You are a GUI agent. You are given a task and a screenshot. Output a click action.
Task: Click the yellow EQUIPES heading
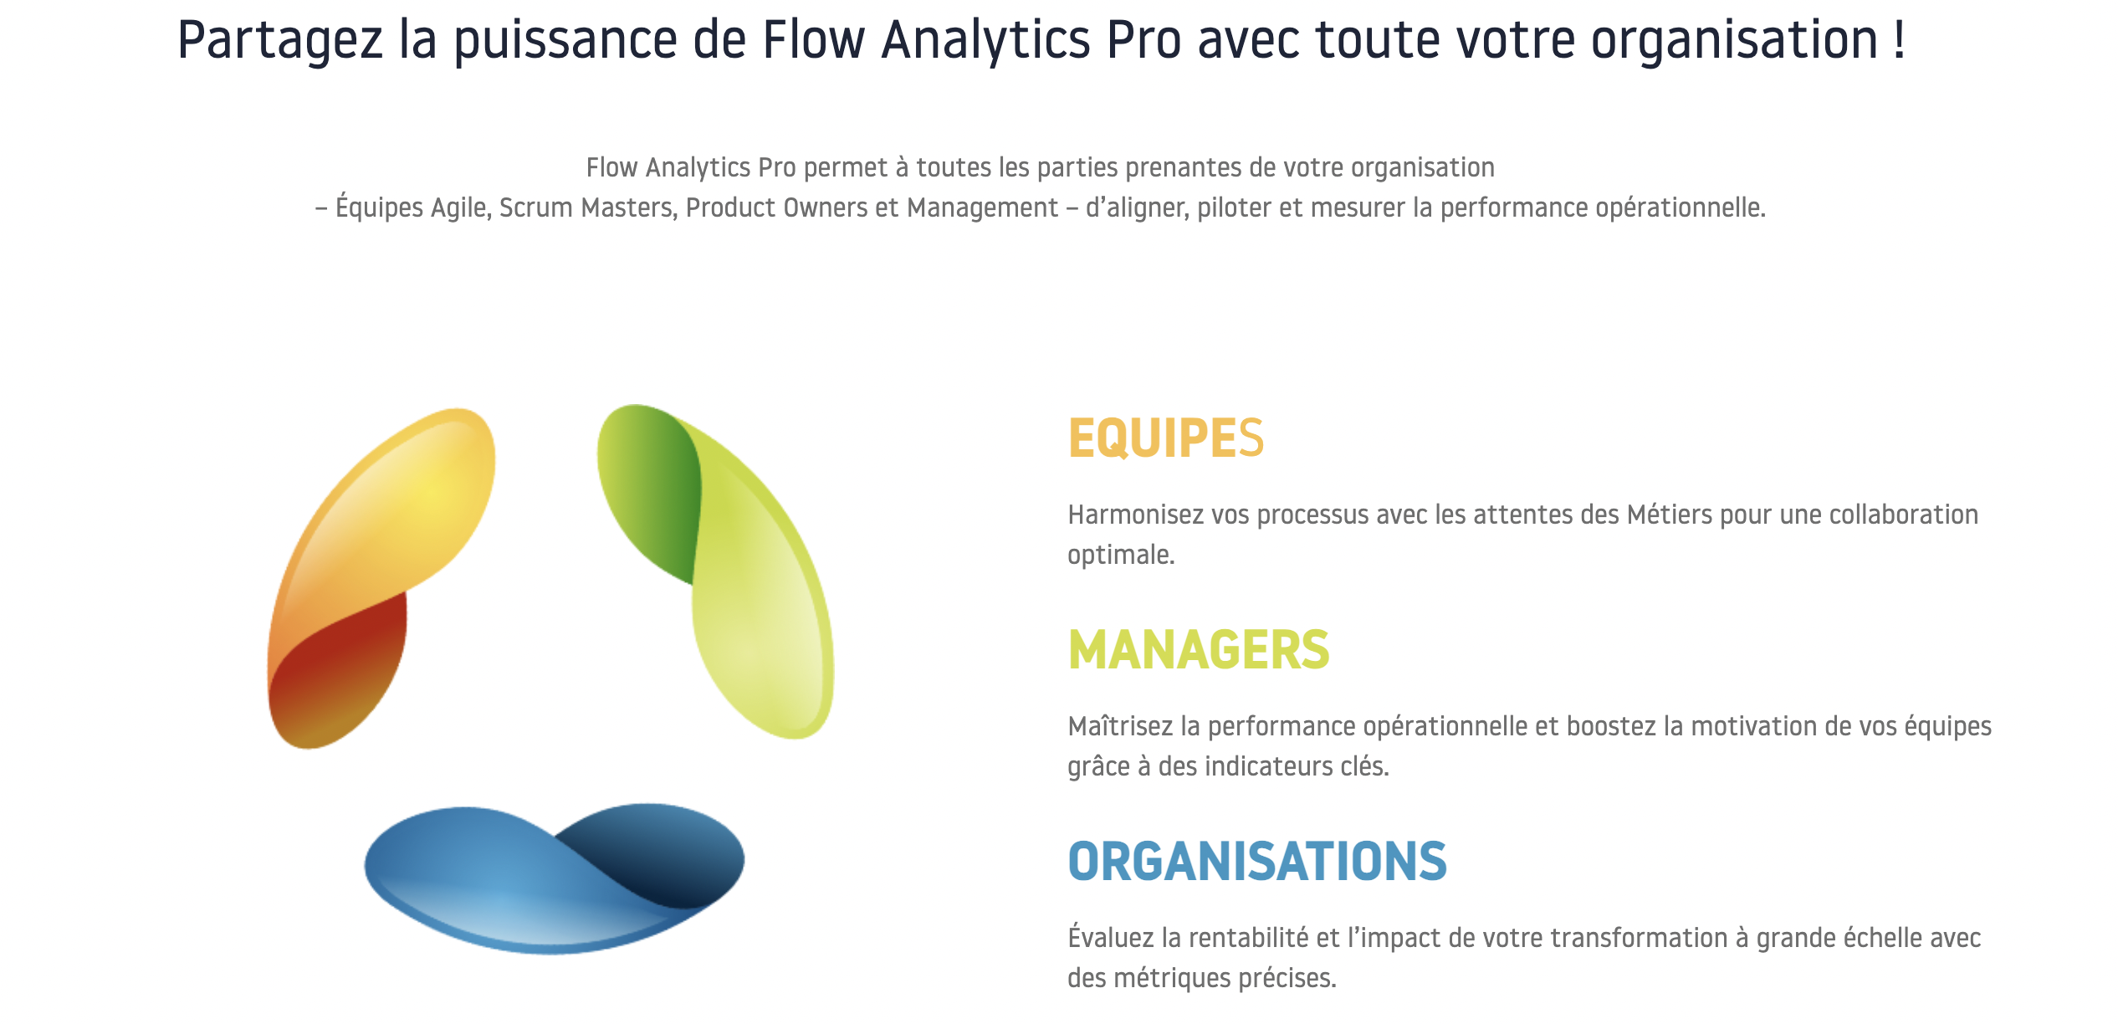pyautogui.click(x=1166, y=438)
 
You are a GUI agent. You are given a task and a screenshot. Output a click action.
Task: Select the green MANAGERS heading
pyautogui.click(x=1199, y=650)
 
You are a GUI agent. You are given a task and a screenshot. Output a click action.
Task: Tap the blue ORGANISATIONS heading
pyautogui.click(x=1257, y=862)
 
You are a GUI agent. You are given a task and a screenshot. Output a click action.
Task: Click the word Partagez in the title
pyautogui.click(x=280, y=41)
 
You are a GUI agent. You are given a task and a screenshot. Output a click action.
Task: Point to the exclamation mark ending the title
pyautogui.click(x=1900, y=38)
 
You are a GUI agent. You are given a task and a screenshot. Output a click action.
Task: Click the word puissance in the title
pyautogui.click(x=565, y=41)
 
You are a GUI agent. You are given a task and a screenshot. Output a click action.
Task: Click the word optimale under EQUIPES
pyautogui.click(x=1121, y=556)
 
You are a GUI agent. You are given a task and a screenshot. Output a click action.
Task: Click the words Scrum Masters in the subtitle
pyautogui.click(x=588, y=207)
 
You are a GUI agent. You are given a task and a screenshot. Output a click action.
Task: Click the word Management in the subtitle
pyautogui.click(x=983, y=208)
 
